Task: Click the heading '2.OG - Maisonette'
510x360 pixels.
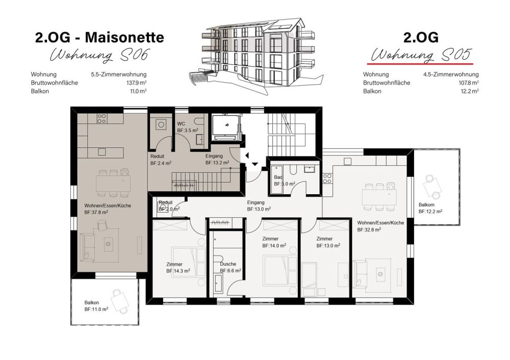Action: click(99, 37)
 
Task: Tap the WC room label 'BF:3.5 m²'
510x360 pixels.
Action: click(187, 131)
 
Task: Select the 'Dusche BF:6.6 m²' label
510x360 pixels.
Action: click(230, 267)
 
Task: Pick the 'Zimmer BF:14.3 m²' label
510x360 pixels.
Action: click(177, 268)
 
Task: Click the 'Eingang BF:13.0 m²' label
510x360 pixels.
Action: click(259, 205)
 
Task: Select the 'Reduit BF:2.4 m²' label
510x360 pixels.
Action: click(161, 160)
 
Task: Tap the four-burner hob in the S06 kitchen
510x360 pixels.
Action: click(101, 119)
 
